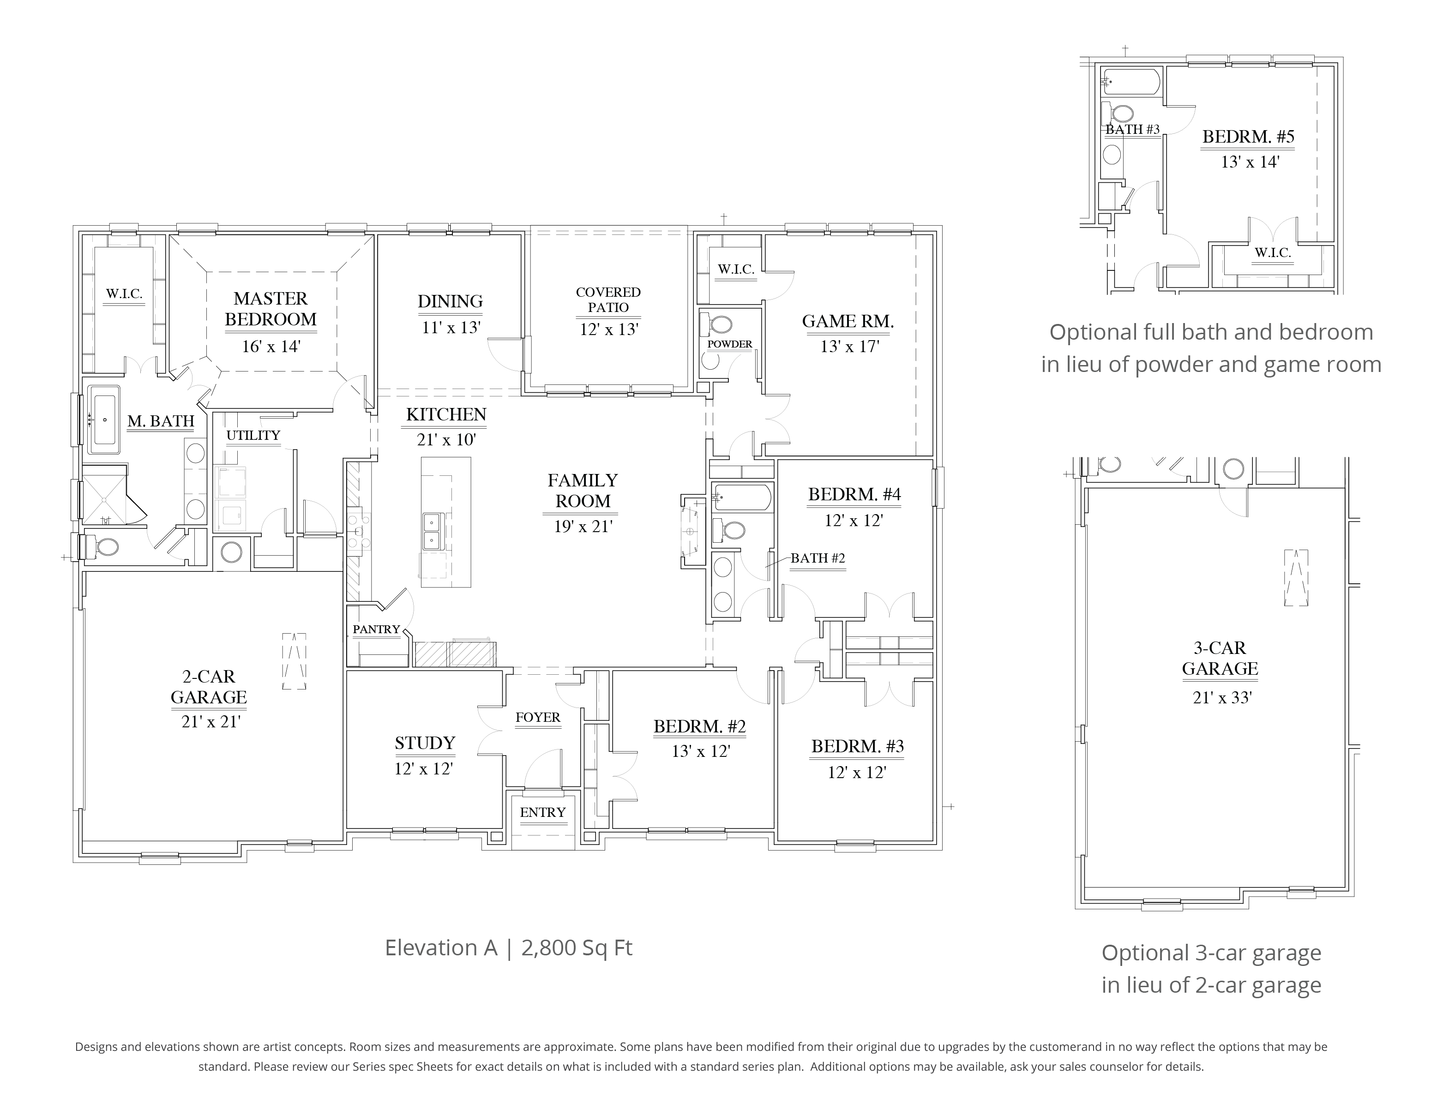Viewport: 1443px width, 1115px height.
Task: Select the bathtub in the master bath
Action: (104, 420)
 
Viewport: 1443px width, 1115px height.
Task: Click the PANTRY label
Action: (376, 629)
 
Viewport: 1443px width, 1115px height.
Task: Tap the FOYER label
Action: (537, 717)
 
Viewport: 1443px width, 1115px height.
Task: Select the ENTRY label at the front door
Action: (542, 812)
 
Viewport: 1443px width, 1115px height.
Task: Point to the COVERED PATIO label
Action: (608, 299)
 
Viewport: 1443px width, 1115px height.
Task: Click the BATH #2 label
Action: (818, 558)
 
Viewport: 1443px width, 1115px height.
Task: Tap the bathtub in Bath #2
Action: (742, 498)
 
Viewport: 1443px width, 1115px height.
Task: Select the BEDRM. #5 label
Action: (1247, 137)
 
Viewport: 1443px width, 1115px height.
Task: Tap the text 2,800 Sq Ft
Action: (576, 947)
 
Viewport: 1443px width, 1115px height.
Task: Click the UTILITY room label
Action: (253, 435)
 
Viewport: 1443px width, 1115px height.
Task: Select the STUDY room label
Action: (425, 743)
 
